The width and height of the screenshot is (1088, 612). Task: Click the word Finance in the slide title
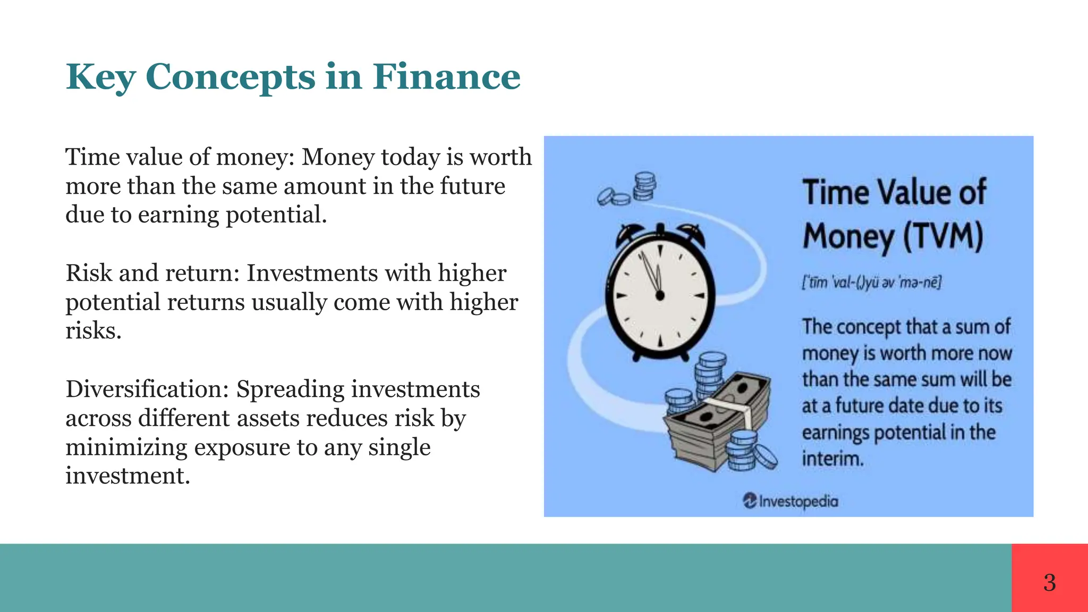[x=446, y=77]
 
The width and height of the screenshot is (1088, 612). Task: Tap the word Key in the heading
[x=100, y=77]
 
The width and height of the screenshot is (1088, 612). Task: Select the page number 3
[x=1049, y=583]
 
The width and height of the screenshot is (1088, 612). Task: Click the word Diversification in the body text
[x=147, y=389]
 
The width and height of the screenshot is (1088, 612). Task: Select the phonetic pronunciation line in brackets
[x=871, y=282]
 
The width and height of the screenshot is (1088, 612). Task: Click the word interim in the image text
[x=832, y=458]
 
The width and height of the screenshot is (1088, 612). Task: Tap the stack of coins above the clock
[x=644, y=186]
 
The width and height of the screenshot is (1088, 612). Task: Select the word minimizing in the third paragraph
[x=126, y=447]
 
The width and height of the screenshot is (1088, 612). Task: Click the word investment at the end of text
[x=126, y=475]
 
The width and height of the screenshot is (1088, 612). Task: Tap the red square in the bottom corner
[x=1049, y=577]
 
